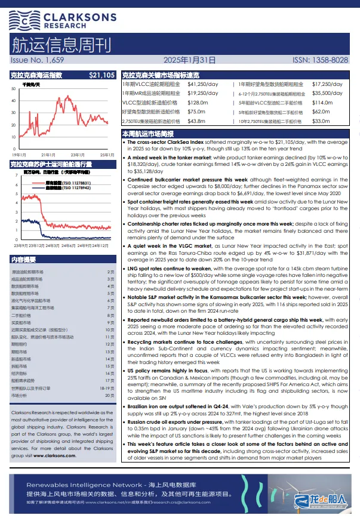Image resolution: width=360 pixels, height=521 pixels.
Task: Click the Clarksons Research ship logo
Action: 22,20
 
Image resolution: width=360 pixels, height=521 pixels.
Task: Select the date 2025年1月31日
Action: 189,60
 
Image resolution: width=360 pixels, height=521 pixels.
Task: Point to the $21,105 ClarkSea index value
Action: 101,75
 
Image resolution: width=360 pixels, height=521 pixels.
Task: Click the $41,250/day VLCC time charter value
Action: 203,85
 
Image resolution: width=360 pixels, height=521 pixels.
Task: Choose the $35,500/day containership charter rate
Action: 331,94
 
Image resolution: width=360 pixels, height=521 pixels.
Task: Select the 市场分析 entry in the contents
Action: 20,395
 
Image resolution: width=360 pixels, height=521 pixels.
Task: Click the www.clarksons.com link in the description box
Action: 55,455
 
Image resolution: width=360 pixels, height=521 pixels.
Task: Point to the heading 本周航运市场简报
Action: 147,134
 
